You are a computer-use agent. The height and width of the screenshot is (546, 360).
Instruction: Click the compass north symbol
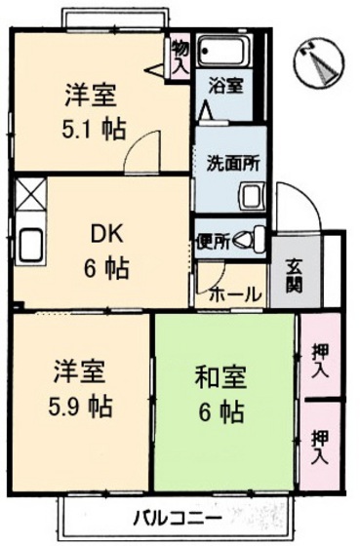pos(319,62)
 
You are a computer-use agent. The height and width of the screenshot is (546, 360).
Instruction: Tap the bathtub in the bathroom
pos(224,51)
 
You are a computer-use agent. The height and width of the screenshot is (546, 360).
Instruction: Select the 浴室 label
pos(225,86)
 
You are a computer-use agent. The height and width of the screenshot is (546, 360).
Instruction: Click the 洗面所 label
pos(232,164)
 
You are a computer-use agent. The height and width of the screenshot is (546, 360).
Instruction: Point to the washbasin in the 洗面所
pos(253,197)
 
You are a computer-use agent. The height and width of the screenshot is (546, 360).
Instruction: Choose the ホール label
pos(235,294)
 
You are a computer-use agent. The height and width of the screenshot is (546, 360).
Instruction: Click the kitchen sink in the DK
pos(30,244)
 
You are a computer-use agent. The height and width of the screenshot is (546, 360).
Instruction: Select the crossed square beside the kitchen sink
pos(30,194)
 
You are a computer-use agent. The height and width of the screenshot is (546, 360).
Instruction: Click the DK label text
pos(106,235)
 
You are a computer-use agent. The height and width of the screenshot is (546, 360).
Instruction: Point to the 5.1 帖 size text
pos(93,130)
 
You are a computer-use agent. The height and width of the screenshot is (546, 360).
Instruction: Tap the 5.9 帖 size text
pos(81,406)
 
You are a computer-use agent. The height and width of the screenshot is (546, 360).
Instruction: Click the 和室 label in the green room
pos(220,378)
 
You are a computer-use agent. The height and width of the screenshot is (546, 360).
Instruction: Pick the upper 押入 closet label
pos(320,360)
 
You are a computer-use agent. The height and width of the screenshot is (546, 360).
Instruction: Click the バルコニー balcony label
pos(178,520)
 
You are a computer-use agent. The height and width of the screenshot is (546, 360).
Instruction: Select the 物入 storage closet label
pos(180,57)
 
